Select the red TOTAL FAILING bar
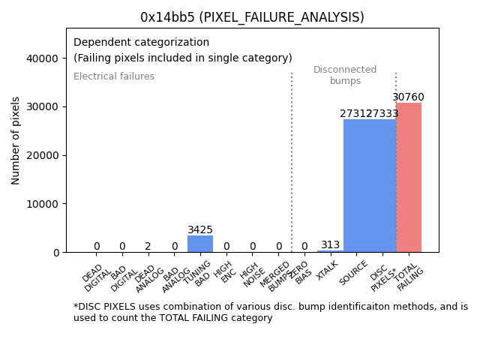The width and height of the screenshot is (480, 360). pyautogui.click(x=409, y=177)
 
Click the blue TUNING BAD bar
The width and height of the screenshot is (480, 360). pyautogui.click(x=200, y=244)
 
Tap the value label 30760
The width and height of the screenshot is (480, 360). pyautogui.click(x=409, y=97)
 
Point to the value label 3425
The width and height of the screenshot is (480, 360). pyautogui.click(x=200, y=230)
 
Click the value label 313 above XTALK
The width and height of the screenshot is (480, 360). pyautogui.click(x=330, y=245)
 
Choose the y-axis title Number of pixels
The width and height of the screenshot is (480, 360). pyautogui.click(x=16, y=140)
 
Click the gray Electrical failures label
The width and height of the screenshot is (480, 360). pyautogui.click(x=114, y=76)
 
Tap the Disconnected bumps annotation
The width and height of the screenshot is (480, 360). pyautogui.click(x=345, y=75)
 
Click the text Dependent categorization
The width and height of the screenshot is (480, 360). pyautogui.click(x=141, y=42)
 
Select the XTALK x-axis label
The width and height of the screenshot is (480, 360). pyautogui.click(x=328, y=271)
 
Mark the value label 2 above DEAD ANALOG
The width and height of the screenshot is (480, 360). pyautogui.click(x=148, y=246)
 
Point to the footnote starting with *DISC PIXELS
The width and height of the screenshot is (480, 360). pyautogui.click(x=270, y=312)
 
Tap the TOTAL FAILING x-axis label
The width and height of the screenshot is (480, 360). pyautogui.click(x=408, y=277)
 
